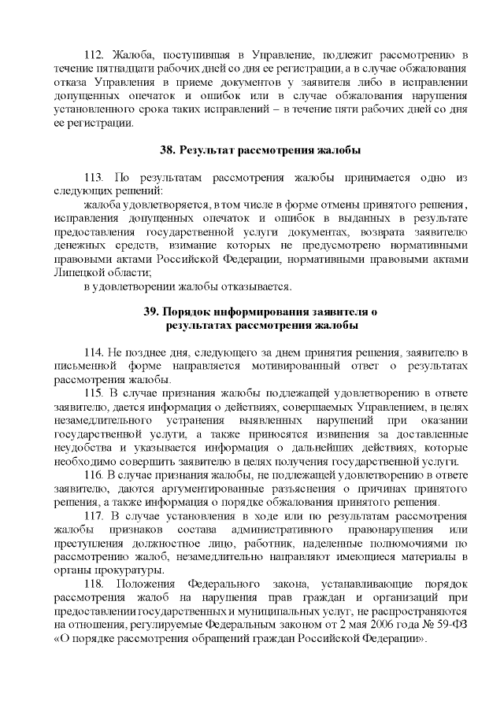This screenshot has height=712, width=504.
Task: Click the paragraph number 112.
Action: click(94, 54)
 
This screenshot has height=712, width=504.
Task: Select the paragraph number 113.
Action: click(94, 179)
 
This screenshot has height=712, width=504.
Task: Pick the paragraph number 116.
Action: click(94, 477)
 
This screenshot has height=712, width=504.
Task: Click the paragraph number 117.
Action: click(94, 515)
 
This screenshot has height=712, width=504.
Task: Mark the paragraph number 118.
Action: click(94, 585)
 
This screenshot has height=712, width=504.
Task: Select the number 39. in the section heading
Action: click(153, 311)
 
